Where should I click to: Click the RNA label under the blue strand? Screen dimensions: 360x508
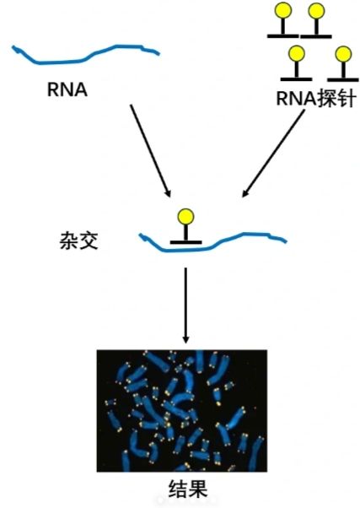point(67,89)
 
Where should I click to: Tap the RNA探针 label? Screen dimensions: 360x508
point(316,99)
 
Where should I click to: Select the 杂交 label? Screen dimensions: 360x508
point(78,241)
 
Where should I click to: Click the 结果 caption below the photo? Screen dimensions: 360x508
point(188,489)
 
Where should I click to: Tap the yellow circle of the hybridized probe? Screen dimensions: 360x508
point(185,217)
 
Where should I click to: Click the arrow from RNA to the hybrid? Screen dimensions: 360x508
point(150,150)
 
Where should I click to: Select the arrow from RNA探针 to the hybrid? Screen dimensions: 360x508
point(273,153)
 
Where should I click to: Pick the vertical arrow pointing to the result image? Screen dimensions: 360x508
point(185,305)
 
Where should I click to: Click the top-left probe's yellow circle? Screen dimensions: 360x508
point(283,10)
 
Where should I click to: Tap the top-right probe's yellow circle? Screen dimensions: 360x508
point(316,11)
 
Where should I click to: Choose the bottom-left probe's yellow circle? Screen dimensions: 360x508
point(296,53)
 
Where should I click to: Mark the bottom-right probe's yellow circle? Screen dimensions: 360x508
point(343,54)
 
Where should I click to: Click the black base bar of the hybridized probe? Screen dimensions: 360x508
point(185,242)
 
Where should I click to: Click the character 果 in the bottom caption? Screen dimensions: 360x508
point(198,489)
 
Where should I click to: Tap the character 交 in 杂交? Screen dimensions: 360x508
point(89,241)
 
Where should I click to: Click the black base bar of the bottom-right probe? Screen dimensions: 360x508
point(343,79)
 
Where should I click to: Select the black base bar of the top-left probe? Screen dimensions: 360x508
point(283,36)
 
